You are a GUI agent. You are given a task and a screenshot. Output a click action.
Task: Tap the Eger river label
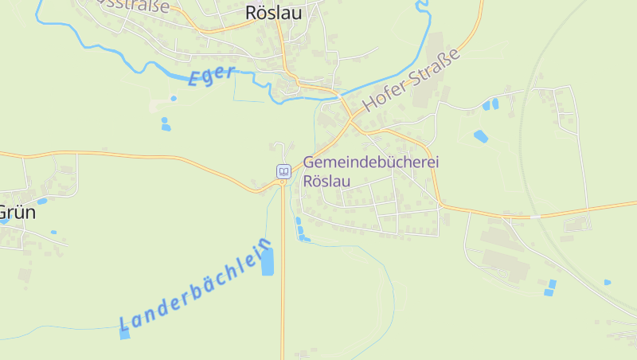[x=211, y=76]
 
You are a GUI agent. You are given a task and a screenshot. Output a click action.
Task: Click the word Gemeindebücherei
[x=371, y=162]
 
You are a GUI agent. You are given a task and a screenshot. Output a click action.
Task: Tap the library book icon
[x=283, y=171]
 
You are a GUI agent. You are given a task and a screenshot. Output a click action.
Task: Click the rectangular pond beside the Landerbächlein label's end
[x=267, y=261]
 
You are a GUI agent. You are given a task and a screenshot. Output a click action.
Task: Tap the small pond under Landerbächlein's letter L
[x=124, y=334]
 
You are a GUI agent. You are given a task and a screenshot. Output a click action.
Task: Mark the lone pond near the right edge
[x=607, y=282]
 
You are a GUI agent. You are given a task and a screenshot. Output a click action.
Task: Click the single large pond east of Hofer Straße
[x=481, y=136]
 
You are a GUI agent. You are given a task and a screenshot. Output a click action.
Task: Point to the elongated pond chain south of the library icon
[x=300, y=229]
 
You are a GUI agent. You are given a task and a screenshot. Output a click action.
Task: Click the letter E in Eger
[x=196, y=80]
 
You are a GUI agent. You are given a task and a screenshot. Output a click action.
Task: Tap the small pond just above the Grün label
[x=41, y=201]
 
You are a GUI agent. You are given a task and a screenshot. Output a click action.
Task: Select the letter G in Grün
[x=4, y=213]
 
